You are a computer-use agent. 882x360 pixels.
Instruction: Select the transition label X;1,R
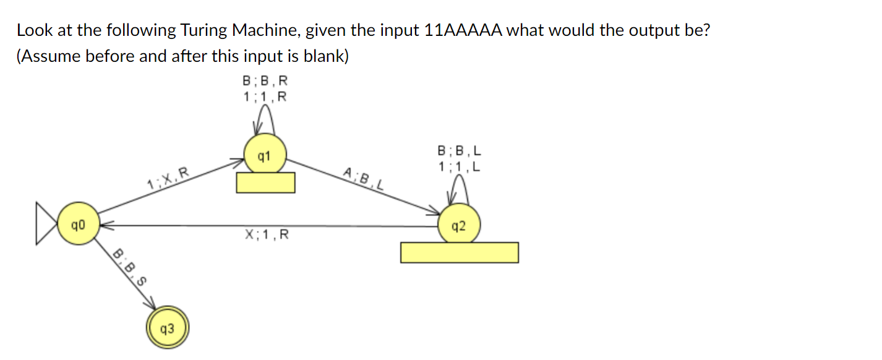(267, 234)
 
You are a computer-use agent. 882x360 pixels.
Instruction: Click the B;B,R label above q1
(265, 82)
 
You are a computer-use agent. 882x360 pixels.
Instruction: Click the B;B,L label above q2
(460, 151)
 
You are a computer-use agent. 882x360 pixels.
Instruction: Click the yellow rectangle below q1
(265, 182)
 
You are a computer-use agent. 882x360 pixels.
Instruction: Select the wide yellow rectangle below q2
(459, 252)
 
